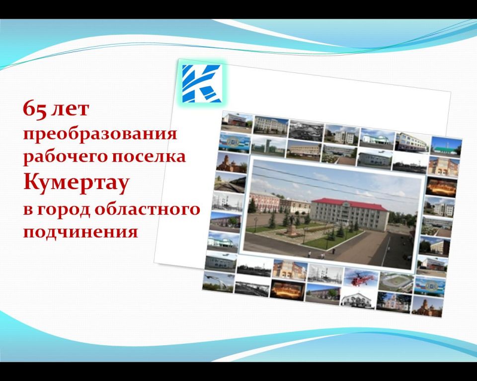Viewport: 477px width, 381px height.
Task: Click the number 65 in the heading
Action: [x=35, y=109]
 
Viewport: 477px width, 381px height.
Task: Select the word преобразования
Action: [x=100, y=134]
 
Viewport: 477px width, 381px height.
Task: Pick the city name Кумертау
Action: [x=77, y=183]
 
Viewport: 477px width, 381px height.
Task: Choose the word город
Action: [x=64, y=210]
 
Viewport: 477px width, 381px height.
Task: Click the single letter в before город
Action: [x=28, y=210]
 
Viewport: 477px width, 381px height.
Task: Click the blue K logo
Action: [x=202, y=83]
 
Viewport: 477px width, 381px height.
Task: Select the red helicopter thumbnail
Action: [x=361, y=278]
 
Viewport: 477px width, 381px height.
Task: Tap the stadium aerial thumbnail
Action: [x=396, y=282]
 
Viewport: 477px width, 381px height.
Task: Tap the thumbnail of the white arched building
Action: [x=357, y=297]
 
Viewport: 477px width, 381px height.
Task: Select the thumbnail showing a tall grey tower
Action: [x=268, y=145]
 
